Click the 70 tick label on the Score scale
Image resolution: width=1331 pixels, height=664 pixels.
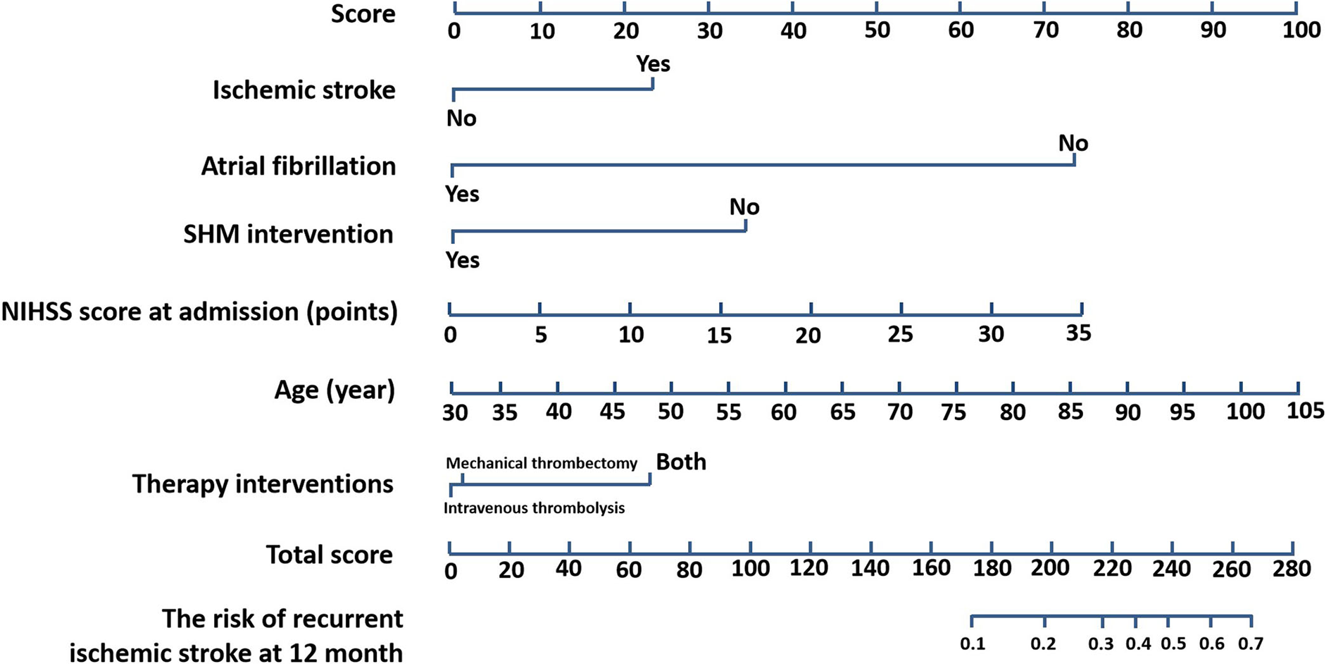tap(1046, 30)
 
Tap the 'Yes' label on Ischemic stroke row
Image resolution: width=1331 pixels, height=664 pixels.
tap(653, 64)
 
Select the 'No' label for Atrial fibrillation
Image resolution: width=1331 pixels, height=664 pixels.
tap(1073, 144)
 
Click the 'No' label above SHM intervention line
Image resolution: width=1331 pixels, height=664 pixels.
tap(744, 207)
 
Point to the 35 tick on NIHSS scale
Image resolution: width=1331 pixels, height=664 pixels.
tap(1078, 333)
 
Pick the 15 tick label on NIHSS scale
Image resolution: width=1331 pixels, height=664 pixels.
tap(720, 336)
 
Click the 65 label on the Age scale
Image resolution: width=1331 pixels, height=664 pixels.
tap(842, 412)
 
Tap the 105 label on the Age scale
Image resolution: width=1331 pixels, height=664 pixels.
tap(1305, 410)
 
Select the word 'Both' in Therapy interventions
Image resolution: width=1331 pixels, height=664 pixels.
tap(681, 462)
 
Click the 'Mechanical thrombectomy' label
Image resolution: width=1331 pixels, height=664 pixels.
tap(541, 463)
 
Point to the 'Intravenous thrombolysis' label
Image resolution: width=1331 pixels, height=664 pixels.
tap(534, 508)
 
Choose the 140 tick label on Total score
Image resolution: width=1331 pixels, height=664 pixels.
tap(870, 568)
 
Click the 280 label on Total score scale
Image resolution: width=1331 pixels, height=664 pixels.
tap(1292, 568)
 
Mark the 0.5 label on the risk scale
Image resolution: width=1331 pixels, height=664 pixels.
tap(1173, 644)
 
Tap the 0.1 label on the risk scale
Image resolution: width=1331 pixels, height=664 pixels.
tap(973, 644)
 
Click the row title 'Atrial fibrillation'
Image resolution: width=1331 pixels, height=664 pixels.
tap(299, 166)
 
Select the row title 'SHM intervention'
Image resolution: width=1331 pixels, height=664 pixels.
tap(288, 234)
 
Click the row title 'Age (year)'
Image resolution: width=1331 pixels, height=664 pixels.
tap(335, 390)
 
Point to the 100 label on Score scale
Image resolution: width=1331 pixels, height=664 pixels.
tap(1301, 30)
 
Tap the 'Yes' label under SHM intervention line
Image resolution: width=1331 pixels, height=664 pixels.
tap(463, 261)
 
